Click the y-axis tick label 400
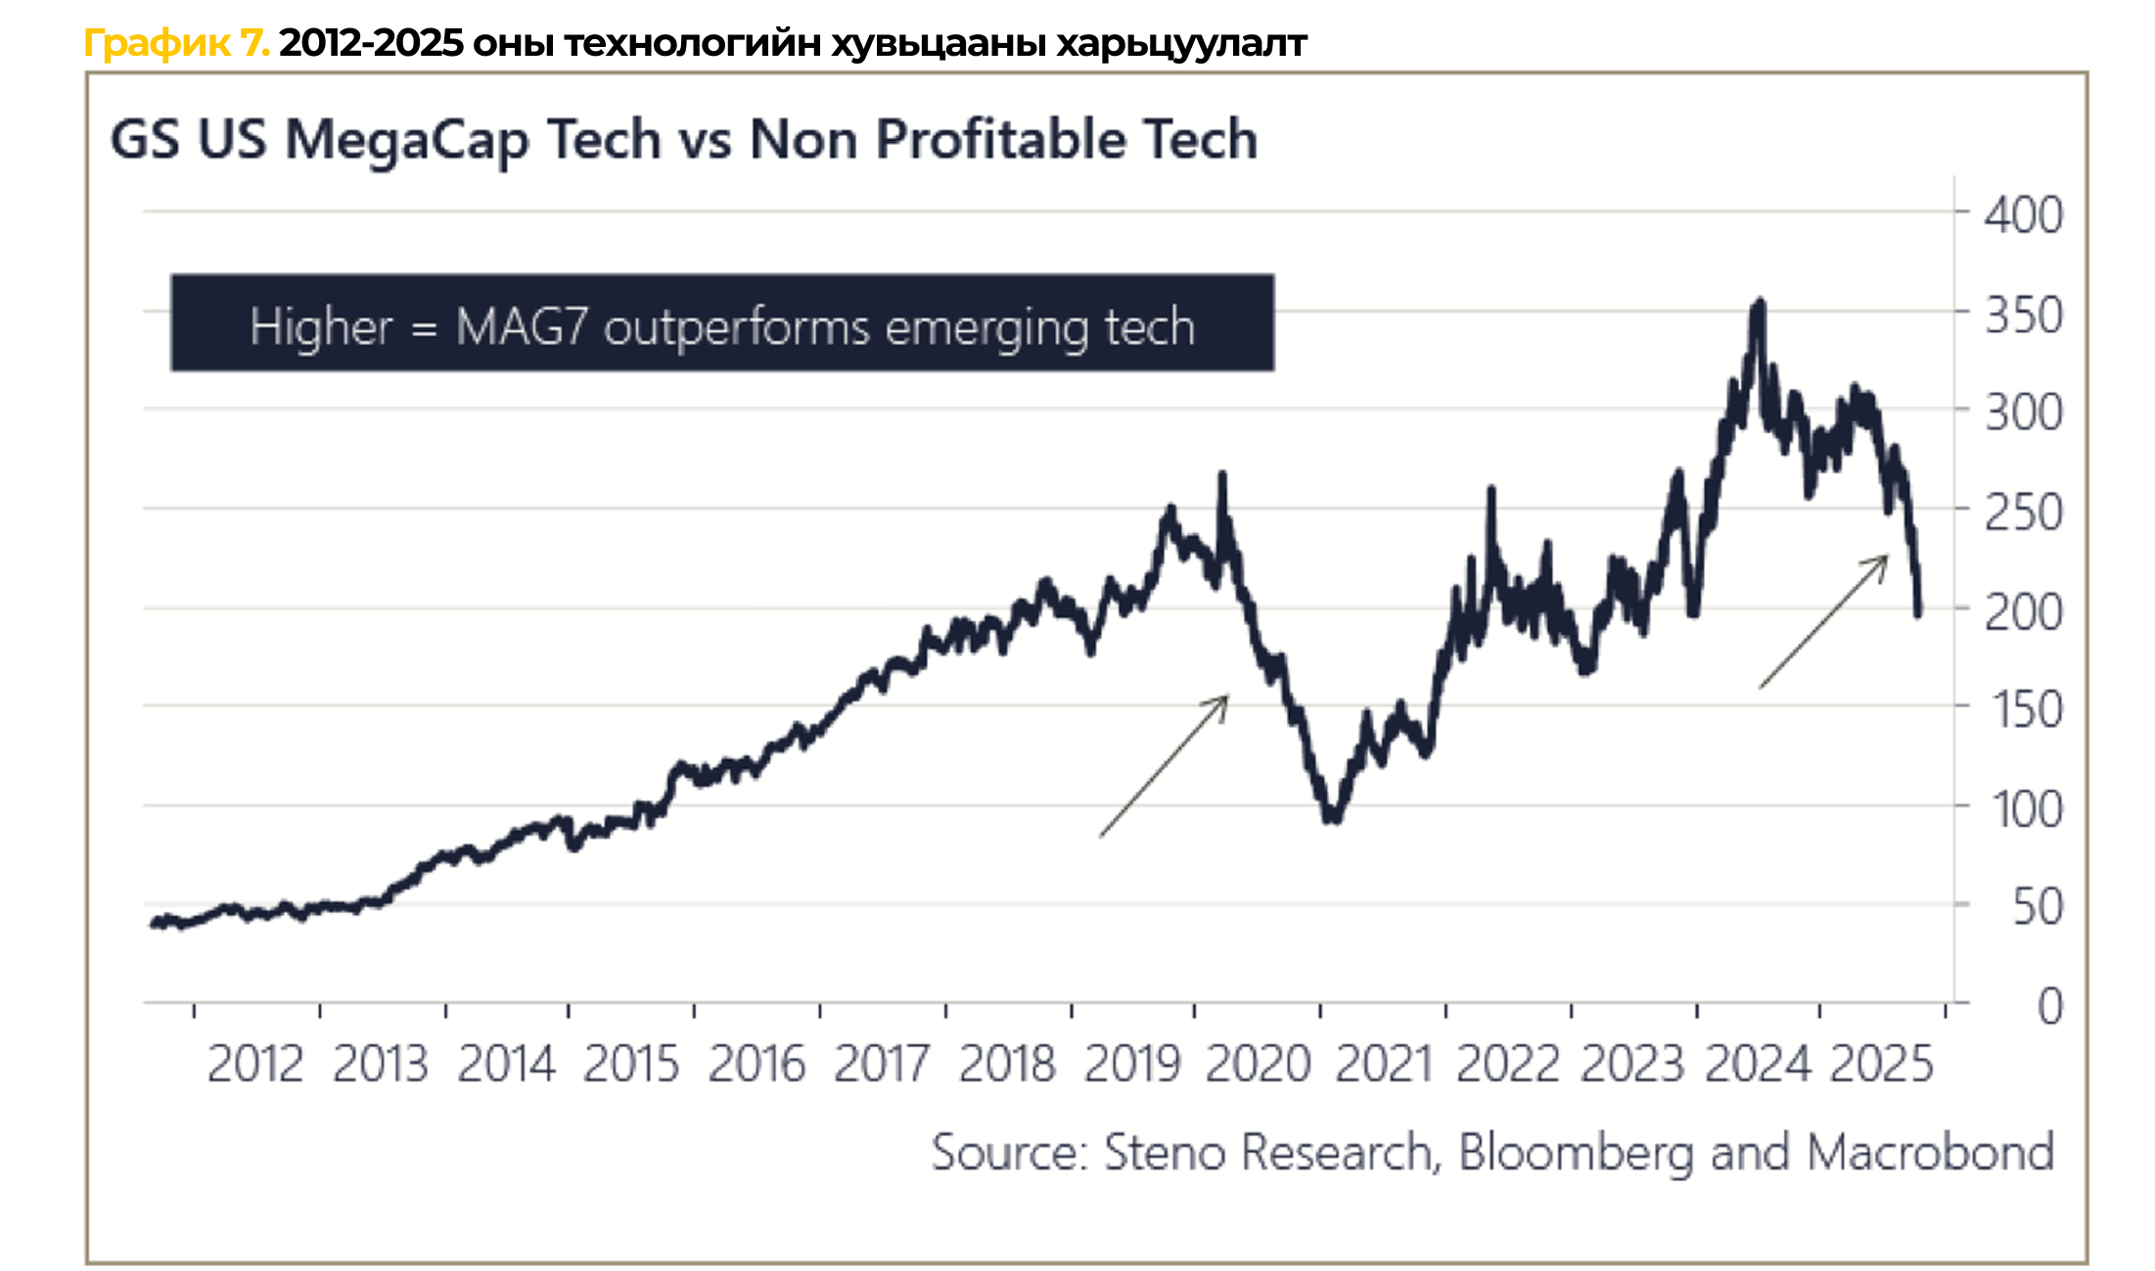[x=2023, y=215]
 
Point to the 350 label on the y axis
[x=2023, y=316]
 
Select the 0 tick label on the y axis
[x=2049, y=1007]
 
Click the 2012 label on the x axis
[x=254, y=1065]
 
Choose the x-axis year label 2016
[x=756, y=1065]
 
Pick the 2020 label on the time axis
[x=1258, y=1065]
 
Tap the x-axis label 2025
[x=1881, y=1065]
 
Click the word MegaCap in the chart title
[x=407, y=140]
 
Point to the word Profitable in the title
[x=1000, y=140]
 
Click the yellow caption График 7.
[x=176, y=43]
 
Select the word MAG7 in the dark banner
[x=521, y=327]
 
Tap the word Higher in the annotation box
[x=321, y=327]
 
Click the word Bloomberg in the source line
[x=1576, y=1153]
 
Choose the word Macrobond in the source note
[x=1930, y=1153]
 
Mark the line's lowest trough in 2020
[x=1331, y=818]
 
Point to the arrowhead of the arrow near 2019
[x=1226, y=698]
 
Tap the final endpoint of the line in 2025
[x=1918, y=613]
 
